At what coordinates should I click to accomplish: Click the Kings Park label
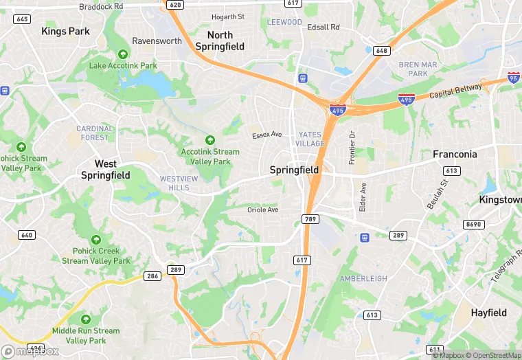(x=65, y=31)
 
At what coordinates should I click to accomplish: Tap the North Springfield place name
(x=220, y=41)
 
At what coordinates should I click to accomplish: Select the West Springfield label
(x=105, y=169)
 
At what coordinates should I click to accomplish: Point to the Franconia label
(x=455, y=155)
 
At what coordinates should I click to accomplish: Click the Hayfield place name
(x=488, y=313)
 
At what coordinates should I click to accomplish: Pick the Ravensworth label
(x=157, y=41)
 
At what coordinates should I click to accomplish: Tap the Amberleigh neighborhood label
(x=363, y=279)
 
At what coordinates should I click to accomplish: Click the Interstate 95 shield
(x=514, y=78)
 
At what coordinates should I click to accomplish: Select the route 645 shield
(x=22, y=19)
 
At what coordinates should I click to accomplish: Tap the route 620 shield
(x=175, y=5)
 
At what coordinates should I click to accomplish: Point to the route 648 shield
(x=381, y=51)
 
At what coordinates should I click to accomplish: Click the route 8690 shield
(x=474, y=225)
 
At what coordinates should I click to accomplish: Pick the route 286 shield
(x=152, y=276)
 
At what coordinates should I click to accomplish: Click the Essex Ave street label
(x=267, y=135)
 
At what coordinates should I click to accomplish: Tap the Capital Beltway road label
(x=454, y=94)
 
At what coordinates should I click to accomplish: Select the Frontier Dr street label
(x=351, y=147)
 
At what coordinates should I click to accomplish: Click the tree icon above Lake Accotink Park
(x=123, y=54)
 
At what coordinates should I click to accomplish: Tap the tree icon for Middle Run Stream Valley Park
(x=85, y=319)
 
